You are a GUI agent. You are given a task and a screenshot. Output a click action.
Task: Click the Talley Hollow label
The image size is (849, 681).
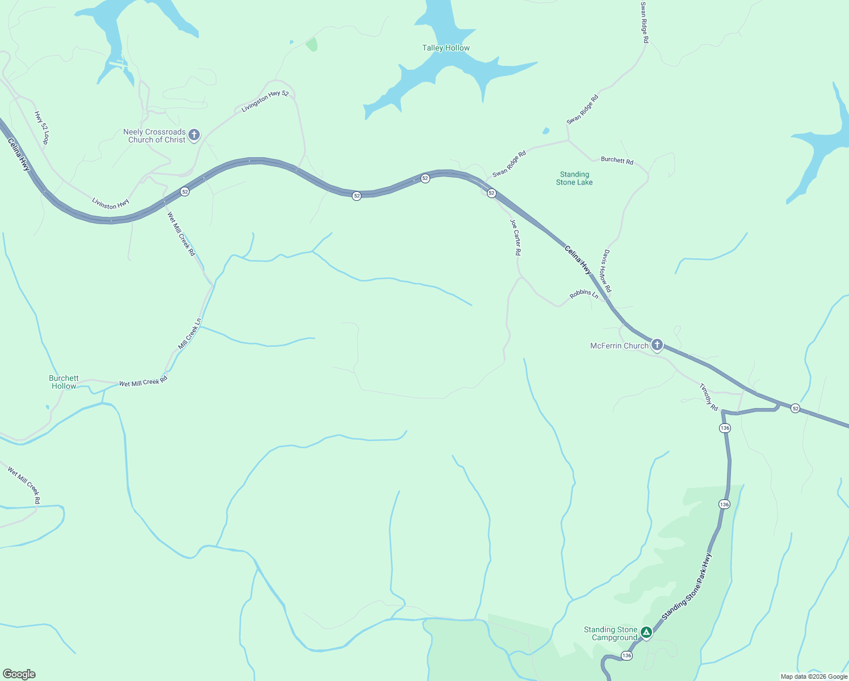click(445, 48)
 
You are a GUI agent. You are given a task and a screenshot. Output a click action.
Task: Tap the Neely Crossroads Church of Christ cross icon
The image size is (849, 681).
click(194, 135)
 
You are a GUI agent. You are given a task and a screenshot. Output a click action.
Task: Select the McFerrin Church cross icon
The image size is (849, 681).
click(657, 344)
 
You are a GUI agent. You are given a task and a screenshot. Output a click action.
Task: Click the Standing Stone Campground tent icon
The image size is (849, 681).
click(646, 632)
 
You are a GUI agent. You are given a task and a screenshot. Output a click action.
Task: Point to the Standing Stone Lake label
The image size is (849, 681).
click(574, 178)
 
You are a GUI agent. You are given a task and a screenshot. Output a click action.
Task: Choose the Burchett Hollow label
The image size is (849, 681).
click(64, 382)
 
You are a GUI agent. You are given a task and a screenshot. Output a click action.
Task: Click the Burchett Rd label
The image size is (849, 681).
click(617, 161)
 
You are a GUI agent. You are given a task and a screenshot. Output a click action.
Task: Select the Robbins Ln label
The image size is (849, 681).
click(584, 294)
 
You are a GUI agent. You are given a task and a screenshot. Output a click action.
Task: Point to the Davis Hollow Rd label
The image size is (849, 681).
click(606, 271)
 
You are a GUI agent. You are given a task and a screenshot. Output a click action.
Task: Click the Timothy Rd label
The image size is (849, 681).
click(709, 397)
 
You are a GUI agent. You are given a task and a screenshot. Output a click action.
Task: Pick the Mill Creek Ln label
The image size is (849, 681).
click(190, 334)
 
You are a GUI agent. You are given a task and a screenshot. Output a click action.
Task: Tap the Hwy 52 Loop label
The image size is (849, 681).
click(42, 128)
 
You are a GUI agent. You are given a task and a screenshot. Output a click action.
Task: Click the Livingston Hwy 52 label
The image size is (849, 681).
click(265, 101)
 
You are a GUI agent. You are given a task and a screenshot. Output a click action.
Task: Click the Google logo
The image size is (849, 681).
click(19, 674)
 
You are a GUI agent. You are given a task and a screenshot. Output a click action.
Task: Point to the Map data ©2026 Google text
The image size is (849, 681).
click(814, 676)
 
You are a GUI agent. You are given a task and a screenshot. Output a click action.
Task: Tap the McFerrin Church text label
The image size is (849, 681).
click(619, 346)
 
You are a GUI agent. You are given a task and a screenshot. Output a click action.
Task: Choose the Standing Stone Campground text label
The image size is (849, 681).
click(611, 633)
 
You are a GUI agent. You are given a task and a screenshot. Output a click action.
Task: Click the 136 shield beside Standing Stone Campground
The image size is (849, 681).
click(626, 655)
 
